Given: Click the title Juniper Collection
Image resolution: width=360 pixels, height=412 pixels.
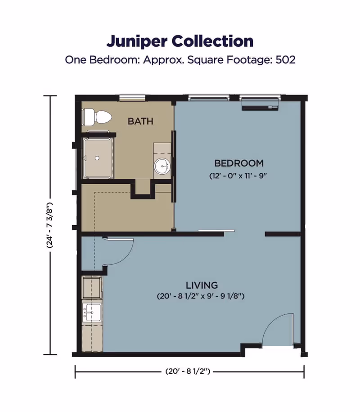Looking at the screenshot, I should click(180, 41).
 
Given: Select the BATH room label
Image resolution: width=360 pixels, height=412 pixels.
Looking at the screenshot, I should click(140, 121).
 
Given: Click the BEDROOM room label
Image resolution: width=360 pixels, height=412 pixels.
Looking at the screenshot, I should click(238, 163).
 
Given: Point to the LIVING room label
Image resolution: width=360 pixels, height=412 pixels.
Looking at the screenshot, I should click(202, 285).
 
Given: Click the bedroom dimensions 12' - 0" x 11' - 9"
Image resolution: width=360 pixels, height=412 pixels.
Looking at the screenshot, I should click(238, 176).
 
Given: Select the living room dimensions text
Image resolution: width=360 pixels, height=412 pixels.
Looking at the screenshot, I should click(202, 297).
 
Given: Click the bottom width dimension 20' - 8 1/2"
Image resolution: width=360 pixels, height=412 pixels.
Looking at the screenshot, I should click(189, 371).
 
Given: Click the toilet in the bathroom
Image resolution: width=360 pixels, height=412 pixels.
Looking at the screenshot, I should click(98, 117).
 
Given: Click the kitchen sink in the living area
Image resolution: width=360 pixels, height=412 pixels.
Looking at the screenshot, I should click(92, 311).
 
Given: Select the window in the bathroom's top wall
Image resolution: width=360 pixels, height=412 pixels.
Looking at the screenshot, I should click(132, 97).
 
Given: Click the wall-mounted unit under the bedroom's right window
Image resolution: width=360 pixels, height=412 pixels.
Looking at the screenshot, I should click(261, 107).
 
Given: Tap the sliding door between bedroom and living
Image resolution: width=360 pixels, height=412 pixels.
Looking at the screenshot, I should click(216, 231).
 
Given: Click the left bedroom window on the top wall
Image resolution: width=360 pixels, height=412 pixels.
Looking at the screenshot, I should click(209, 97).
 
